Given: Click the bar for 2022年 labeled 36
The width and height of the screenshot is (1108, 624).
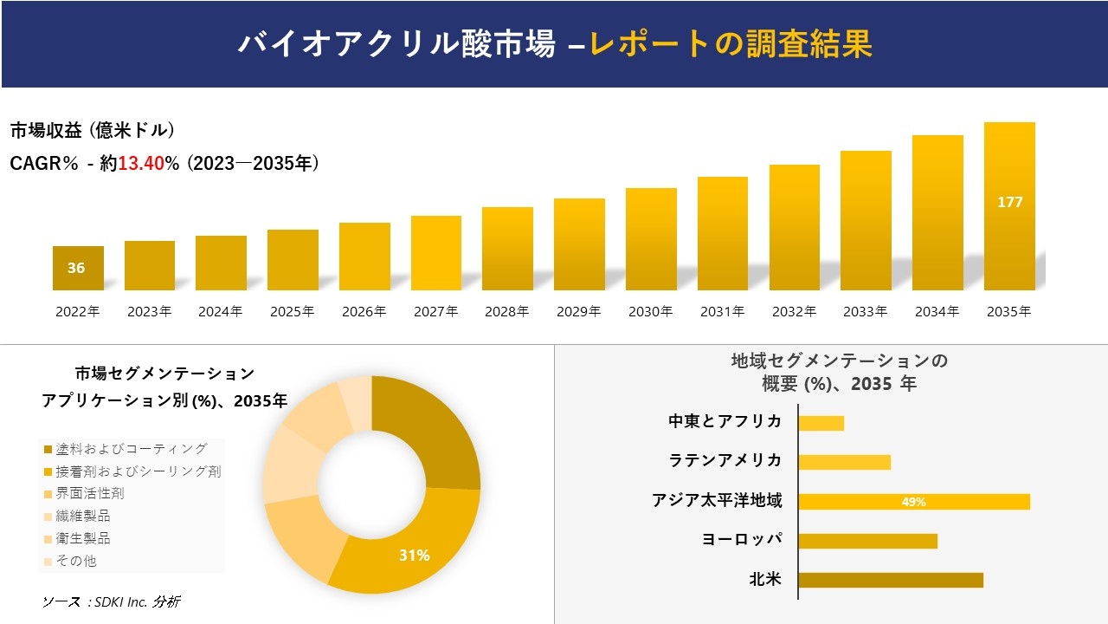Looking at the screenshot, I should [x=78, y=268].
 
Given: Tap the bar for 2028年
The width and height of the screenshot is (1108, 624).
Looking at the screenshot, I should [x=507, y=249].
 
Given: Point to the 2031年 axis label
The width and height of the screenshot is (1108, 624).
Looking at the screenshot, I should [x=722, y=312].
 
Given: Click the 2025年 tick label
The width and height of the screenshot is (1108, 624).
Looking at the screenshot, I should [x=292, y=312].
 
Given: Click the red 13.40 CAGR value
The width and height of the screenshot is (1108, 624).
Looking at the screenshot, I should [x=141, y=163].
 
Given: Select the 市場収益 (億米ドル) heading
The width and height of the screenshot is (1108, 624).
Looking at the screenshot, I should [x=93, y=131].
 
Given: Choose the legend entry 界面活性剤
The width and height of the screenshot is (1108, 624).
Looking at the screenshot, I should [x=89, y=493].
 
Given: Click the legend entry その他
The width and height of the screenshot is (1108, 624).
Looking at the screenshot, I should [x=76, y=561].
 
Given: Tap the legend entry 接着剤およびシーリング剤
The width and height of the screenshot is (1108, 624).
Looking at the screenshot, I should [x=138, y=471].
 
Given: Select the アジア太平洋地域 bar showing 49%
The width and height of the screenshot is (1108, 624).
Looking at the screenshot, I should [x=913, y=501].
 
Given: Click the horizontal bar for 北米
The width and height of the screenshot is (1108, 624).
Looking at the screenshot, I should [x=890, y=580].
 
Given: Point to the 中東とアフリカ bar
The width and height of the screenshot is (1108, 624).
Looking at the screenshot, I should [x=821, y=423].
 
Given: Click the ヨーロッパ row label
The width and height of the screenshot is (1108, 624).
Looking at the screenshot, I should [x=742, y=539].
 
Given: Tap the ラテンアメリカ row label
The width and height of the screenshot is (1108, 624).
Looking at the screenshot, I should [x=725, y=460].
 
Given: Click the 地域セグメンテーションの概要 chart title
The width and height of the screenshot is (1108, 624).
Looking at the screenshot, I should [x=839, y=372].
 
